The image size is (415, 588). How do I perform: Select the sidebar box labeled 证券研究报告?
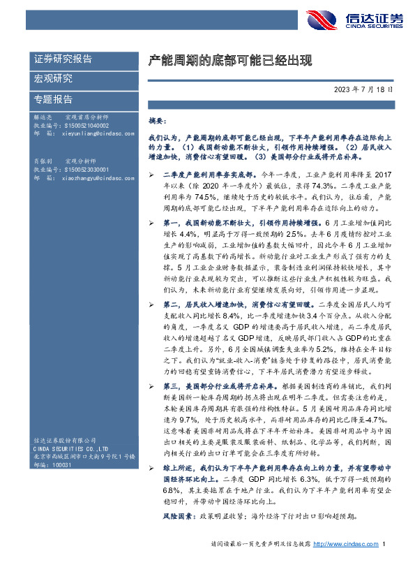[63, 59]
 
